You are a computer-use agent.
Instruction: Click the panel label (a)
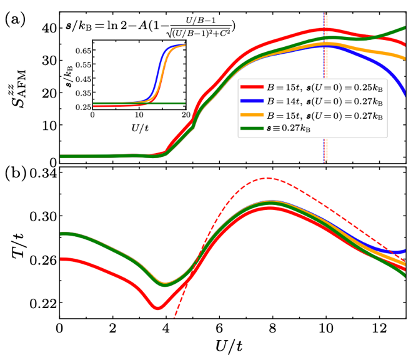pos(14,19)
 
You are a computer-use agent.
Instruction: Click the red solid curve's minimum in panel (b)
pos(157,308)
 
